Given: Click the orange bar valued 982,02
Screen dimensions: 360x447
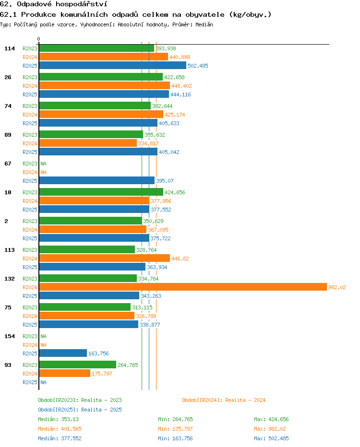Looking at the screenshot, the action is pyautogui.click(x=183, y=287).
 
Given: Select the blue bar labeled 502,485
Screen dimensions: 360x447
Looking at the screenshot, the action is pyautogui.click(x=113, y=66).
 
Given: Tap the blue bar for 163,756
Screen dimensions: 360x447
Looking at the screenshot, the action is pyautogui.click(x=63, y=353).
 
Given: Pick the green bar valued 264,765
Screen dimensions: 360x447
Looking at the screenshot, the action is pyautogui.click(x=78, y=365).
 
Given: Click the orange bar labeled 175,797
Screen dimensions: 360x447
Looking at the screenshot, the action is pyautogui.click(x=65, y=374).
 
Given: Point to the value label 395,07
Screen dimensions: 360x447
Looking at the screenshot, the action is pyautogui.click(x=165, y=181).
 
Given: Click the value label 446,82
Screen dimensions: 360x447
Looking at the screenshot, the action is pyautogui.click(x=180, y=259).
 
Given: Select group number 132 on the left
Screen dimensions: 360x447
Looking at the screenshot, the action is pyautogui.click(x=10, y=279).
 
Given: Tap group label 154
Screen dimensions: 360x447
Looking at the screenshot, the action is pyautogui.click(x=10, y=336).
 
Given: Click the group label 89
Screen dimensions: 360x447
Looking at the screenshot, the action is pyautogui.click(x=8, y=135).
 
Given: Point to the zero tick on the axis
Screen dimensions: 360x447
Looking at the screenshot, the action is pyautogui.click(x=38, y=39).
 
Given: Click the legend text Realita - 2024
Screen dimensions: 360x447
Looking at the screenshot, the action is pyautogui.click(x=245, y=400).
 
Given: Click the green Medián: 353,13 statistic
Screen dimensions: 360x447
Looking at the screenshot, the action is pyautogui.click(x=58, y=419).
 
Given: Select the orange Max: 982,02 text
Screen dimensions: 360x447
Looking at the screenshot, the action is pyautogui.click(x=270, y=429).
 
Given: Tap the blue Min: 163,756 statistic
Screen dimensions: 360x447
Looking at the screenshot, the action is pyautogui.click(x=175, y=438).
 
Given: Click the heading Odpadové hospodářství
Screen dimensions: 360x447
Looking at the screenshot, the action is pyautogui.click(x=62, y=4).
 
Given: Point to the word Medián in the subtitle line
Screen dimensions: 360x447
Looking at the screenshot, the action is pyautogui.click(x=204, y=24).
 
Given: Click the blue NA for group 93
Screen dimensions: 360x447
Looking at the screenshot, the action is pyautogui.click(x=43, y=382).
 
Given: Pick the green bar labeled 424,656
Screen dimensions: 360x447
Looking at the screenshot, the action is pyautogui.click(x=101, y=192).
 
